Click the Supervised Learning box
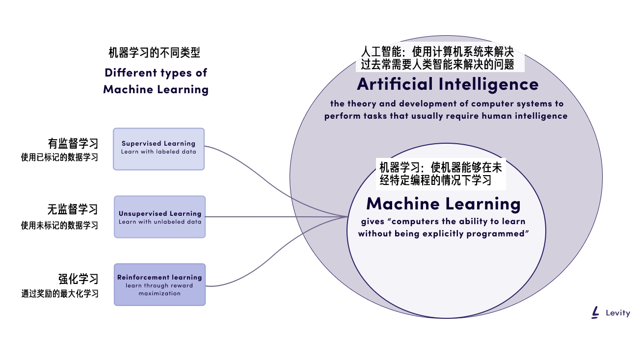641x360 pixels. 159,149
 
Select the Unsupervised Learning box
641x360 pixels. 160,217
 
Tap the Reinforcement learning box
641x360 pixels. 160,284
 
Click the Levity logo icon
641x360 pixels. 596,312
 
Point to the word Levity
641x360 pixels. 617,313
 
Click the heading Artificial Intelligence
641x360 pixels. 448,84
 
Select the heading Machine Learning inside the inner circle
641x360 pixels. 443,204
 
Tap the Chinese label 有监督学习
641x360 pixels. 73,143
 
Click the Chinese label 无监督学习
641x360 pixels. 73,209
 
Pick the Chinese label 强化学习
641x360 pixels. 79,279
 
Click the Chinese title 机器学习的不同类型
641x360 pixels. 154,53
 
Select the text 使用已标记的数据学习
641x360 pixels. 59,158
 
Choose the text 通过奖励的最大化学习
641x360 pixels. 59,294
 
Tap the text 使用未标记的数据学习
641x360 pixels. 59,226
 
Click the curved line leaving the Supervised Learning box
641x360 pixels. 255,167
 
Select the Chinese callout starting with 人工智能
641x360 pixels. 437,58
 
